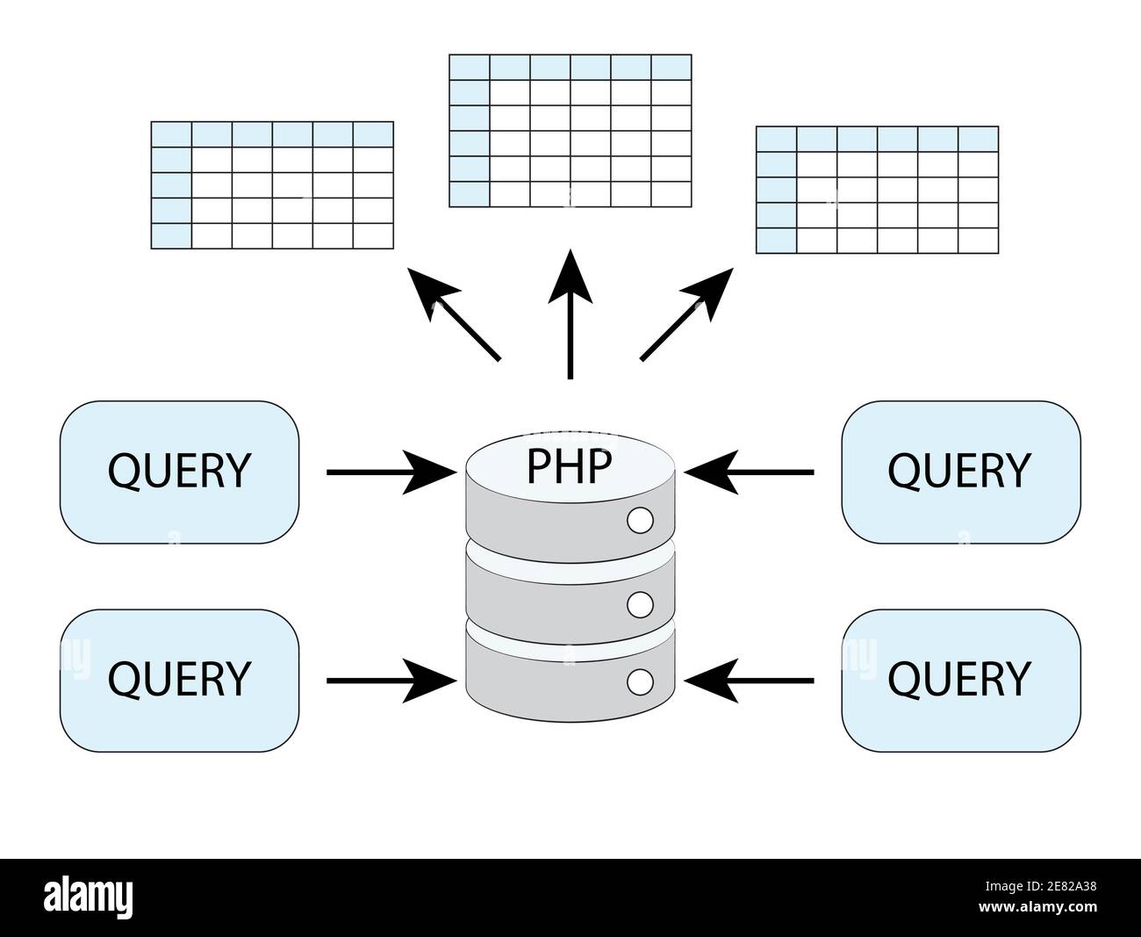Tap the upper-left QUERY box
click(179, 472)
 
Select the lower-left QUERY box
click(179, 681)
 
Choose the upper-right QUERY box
click(961, 472)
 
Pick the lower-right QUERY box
click(961, 681)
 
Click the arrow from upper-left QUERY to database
click(391, 472)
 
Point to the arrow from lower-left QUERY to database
click(391, 681)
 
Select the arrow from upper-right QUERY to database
click(749, 472)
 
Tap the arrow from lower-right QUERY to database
click(749, 681)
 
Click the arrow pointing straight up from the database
click(570, 314)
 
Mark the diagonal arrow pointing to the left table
click(454, 314)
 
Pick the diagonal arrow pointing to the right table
click(686, 314)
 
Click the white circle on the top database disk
click(640, 520)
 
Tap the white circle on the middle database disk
click(640, 605)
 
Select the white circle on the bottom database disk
click(640, 682)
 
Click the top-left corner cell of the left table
click(171, 134)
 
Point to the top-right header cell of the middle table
click(671, 67)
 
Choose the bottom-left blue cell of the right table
click(777, 241)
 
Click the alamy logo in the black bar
click(88, 897)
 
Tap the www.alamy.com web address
click(1037, 906)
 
